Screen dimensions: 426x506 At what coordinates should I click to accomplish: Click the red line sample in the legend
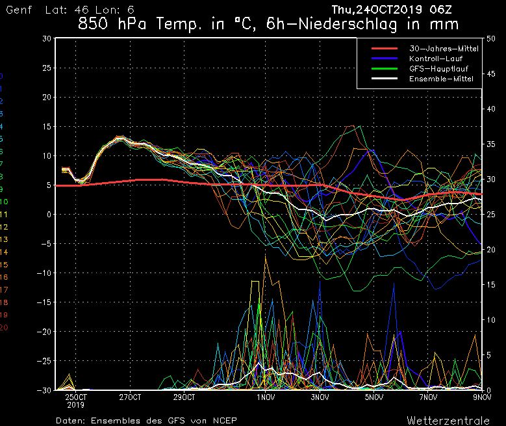click(387, 48)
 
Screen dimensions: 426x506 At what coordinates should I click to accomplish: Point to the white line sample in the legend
click(387, 79)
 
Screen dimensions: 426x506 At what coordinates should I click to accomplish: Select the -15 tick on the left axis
click(45, 302)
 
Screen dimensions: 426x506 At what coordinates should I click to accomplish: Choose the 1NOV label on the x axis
click(264, 396)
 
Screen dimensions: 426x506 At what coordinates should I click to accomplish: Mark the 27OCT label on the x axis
click(131, 396)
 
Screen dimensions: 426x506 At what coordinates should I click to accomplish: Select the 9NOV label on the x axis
click(481, 396)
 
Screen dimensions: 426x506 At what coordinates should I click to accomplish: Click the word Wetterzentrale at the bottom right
click(453, 419)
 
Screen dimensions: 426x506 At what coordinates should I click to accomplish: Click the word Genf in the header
click(17, 10)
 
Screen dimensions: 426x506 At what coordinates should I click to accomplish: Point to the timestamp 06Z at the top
click(442, 10)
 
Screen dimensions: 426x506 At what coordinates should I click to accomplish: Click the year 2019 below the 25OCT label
click(76, 404)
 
